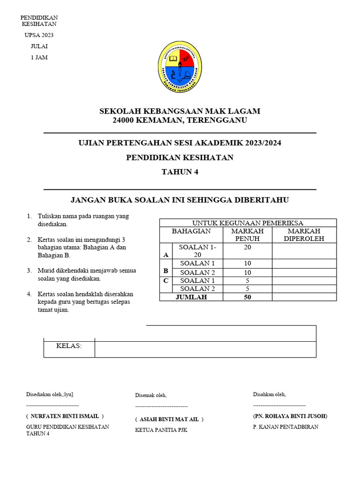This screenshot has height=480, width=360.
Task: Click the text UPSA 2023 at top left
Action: [39, 35]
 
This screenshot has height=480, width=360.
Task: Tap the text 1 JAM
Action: [39, 58]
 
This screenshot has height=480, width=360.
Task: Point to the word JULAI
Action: [39, 46]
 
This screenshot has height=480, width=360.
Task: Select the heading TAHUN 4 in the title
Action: [180, 172]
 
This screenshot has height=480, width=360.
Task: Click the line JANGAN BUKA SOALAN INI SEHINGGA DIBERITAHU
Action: [180, 200]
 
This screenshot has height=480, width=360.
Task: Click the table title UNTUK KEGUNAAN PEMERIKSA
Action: [248, 223]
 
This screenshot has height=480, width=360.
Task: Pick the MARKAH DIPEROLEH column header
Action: [304, 235]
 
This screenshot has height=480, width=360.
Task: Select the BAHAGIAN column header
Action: [191, 231]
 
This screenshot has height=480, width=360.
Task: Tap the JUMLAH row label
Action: [191, 297]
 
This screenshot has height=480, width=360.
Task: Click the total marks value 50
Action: [247, 297]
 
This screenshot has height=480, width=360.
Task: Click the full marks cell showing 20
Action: [247, 247]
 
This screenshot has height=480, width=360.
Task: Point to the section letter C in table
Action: [166, 281]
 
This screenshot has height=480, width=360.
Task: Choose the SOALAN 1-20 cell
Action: [197, 251]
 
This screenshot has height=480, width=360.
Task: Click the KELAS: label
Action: [69, 346]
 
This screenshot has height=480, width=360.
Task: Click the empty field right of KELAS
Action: [205, 349]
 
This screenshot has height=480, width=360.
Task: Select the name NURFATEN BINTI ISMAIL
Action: [65, 416]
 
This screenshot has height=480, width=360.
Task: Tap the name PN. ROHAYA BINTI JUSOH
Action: [290, 416]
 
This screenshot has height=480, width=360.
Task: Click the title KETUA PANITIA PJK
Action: [161, 430]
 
